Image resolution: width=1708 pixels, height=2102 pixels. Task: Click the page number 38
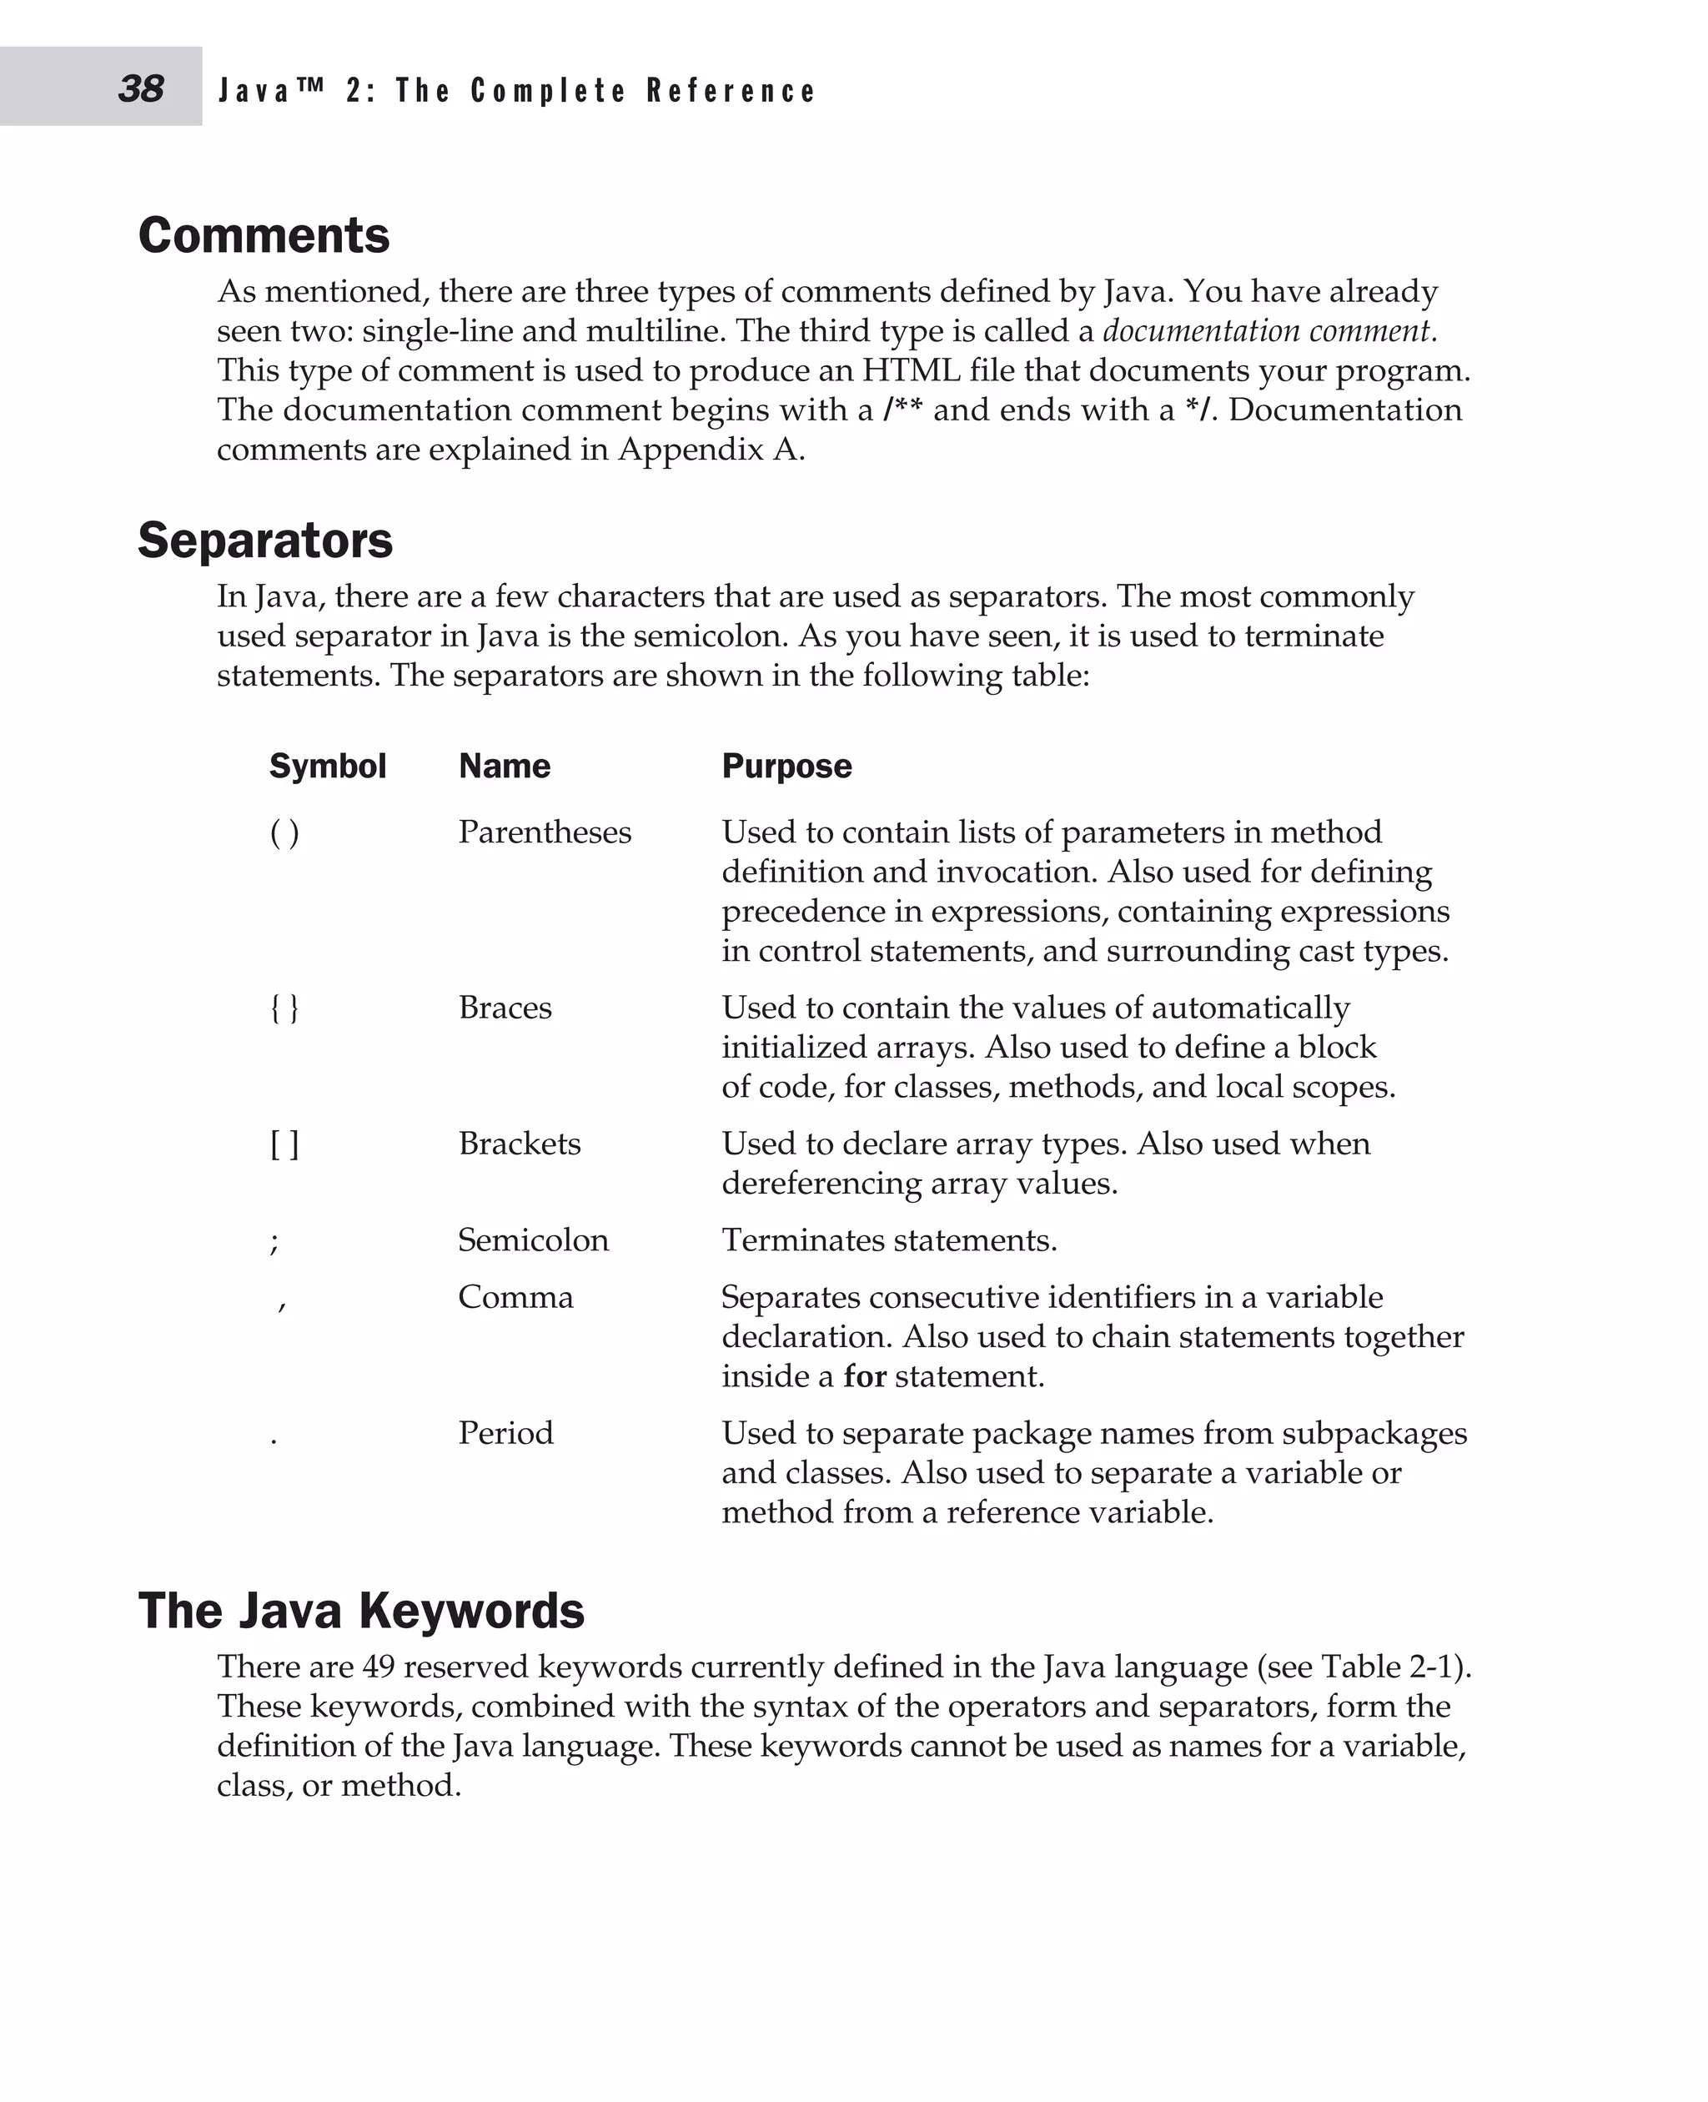click(141, 88)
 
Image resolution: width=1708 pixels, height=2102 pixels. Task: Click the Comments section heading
click(264, 236)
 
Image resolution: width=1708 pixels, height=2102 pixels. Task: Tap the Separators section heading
click(264, 541)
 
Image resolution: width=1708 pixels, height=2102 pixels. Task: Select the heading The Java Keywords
click(361, 1612)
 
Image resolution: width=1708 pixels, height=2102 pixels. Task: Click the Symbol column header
click(328, 767)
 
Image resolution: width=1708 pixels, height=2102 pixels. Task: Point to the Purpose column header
click(786, 767)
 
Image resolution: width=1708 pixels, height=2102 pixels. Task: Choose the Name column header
click(504, 767)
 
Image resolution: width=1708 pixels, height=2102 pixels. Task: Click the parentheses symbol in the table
click(284, 833)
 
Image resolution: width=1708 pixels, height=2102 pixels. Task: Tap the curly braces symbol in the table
click(284, 1008)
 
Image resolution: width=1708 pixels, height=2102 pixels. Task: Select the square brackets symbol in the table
click(284, 1144)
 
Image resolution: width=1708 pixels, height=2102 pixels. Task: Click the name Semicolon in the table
click(533, 1240)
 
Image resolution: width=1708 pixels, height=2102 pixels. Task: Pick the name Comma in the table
click(515, 1297)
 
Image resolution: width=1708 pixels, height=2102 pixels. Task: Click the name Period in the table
click(505, 1433)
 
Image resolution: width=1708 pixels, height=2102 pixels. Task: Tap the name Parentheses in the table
click(545, 832)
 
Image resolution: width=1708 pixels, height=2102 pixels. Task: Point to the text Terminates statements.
click(889, 1240)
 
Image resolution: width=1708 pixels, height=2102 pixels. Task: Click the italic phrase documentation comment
click(1268, 330)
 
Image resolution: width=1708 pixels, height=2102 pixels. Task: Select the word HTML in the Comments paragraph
click(911, 371)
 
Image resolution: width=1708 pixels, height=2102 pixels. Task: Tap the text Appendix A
click(710, 450)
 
